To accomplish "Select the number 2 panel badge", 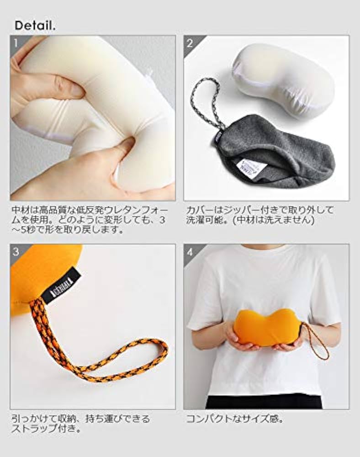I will click(190, 44).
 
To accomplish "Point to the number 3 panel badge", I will click(16, 252).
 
